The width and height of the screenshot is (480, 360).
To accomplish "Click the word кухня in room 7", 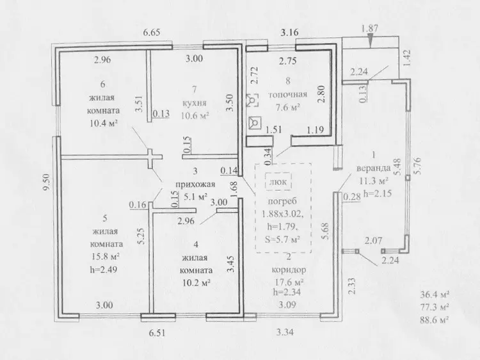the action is (x=195, y=102).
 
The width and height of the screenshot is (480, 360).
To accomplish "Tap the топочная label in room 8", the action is (x=288, y=94).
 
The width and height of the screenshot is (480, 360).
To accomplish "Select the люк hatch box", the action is (x=278, y=181).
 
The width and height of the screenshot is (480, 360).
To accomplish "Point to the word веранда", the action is (x=374, y=168).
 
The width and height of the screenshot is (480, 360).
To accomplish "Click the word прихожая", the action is (x=195, y=184).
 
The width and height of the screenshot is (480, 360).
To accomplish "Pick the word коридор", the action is (x=289, y=270).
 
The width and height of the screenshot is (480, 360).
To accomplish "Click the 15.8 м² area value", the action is (x=105, y=256).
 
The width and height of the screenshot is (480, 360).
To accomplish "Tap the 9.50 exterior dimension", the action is (x=47, y=183).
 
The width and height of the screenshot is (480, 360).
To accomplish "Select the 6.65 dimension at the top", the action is (x=152, y=32).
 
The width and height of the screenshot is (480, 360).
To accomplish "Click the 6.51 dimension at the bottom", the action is (x=157, y=332).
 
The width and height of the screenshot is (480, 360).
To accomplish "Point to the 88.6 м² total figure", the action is (x=435, y=320).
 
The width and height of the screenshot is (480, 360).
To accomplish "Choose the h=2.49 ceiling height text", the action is (x=104, y=270).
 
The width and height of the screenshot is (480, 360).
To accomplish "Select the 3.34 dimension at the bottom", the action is (x=285, y=332).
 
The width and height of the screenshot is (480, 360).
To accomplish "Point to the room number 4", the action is (x=196, y=244).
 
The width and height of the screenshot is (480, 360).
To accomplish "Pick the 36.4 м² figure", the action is (x=435, y=295).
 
